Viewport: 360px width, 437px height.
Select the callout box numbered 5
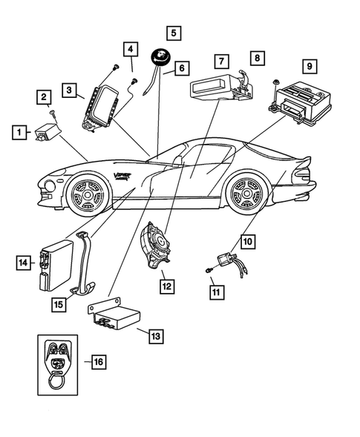pos(173,33)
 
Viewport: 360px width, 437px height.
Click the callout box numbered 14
pos(24,262)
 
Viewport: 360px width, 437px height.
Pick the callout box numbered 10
pos(247,241)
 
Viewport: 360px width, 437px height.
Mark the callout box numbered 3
pos(68,91)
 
